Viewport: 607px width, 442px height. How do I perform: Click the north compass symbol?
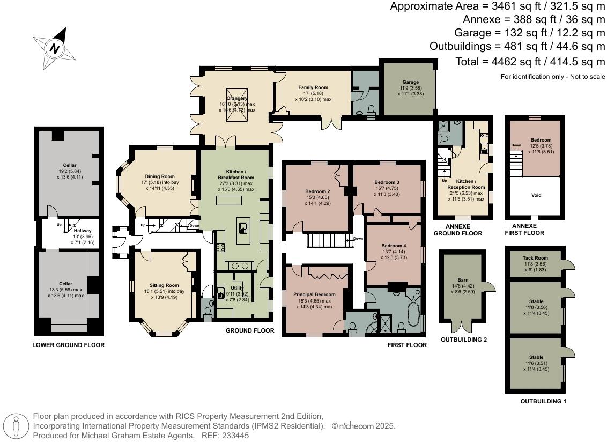[x=54, y=49]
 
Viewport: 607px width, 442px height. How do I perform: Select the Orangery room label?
[x=237, y=98]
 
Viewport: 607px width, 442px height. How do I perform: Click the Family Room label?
[x=313, y=87]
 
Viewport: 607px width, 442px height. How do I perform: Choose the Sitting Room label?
[x=164, y=285]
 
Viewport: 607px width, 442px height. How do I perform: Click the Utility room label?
[x=237, y=288]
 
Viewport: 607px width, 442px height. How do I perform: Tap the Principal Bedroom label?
[x=314, y=294]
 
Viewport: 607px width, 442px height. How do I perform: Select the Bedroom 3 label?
[x=386, y=182]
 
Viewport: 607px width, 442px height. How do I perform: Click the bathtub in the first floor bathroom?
[x=413, y=314]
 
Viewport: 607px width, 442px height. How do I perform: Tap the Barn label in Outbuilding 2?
[x=463, y=280]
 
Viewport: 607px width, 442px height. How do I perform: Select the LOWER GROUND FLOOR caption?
[x=68, y=345]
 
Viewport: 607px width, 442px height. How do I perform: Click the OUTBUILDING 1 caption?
[x=543, y=401]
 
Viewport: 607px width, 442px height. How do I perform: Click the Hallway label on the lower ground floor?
[x=68, y=231]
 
